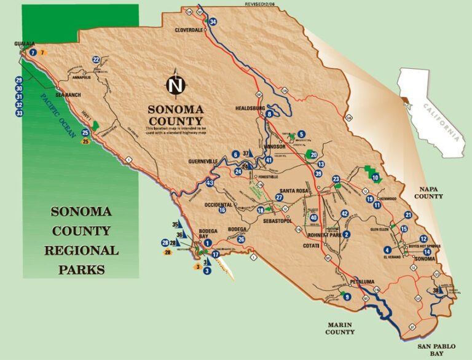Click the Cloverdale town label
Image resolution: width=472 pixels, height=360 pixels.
pos(189,29)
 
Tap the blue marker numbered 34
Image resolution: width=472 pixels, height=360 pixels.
pos(213,22)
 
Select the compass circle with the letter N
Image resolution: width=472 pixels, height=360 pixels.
pos(176,85)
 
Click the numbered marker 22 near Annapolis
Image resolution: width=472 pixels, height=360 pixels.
pos(96,60)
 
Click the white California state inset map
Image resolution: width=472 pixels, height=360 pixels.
pos(431,109)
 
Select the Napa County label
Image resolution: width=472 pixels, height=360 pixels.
pos(428,193)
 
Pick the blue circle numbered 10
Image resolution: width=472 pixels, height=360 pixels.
pos(375,178)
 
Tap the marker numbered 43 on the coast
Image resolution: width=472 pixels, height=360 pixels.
pos(210,183)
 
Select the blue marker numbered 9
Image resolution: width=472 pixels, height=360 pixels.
pos(348,297)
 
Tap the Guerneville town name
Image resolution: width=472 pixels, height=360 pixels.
pos(203,162)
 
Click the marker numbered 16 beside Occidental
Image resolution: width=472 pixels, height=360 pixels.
pos(222,210)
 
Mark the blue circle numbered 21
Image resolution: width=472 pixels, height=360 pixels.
pos(409,215)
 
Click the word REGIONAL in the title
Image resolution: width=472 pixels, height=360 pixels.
pos(81,251)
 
